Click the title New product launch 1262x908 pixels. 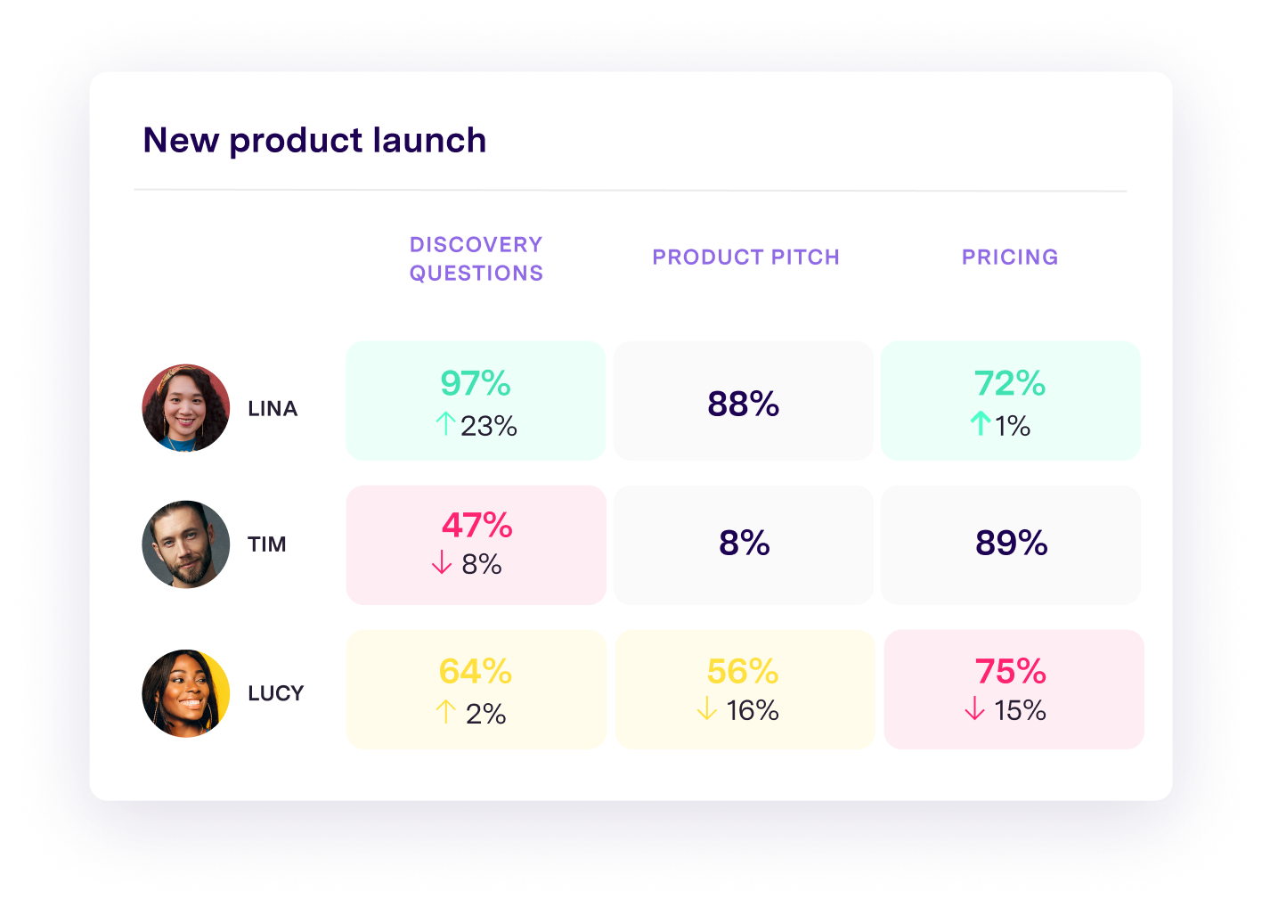click(x=314, y=141)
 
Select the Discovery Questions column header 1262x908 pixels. click(x=476, y=258)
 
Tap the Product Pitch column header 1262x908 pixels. click(x=745, y=258)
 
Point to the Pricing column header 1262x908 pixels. click(x=1010, y=258)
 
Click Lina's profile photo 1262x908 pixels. click(x=186, y=408)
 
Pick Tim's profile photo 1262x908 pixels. click(x=186, y=544)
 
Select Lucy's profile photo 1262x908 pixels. click(x=186, y=692)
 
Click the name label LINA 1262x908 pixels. click(x=273, y=409)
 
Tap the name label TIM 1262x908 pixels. click(x=267, y=544)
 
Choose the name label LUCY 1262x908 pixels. click(x=276, y=693)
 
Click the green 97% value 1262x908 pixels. click(x=476, y=384)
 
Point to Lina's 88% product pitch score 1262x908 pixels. click(x=743, y=404)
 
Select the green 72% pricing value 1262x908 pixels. click(x=1010, y=384)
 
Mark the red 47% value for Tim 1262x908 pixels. click(x=476, y=526)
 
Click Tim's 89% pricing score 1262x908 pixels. click(x=1011, y=543)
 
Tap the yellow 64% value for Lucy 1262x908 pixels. click(x=476, y=672)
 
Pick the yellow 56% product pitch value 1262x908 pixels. click(x=743, y=672)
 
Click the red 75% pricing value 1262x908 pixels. click(x=1011, y=672)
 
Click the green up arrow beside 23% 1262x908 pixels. click(x=446, y=424)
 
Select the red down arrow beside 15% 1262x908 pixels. click(x=975, y=709)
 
